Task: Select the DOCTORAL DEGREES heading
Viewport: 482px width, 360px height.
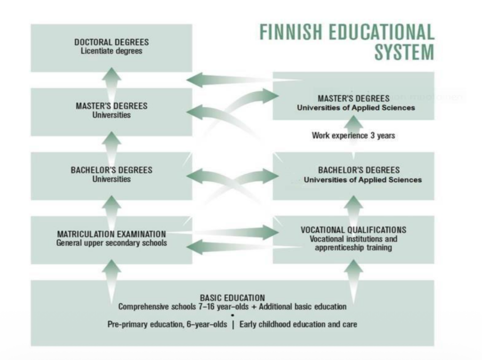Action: click(x=112, y=42)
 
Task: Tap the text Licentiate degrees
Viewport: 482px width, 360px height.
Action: click(x=112, y=51)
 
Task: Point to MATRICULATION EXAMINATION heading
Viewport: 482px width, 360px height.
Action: click(x=112, y=234)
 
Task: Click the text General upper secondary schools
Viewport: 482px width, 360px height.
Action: click(x=112, y=243)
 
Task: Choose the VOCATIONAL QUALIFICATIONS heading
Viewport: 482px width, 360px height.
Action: click(x=353, y=230)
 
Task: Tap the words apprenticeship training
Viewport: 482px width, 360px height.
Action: click(x=353, y=248)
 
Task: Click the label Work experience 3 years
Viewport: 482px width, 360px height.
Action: click(x=353, y=136)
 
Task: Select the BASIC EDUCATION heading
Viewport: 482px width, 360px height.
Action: click(x=233, y=298)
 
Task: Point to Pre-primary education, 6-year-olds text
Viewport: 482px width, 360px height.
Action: click(x=167, y=324)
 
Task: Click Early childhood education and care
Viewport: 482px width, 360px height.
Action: click(x=298, y=324)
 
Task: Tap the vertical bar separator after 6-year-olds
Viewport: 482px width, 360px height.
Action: click(x=233, y=324)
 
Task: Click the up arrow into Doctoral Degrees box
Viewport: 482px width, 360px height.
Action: click(x=112, y=78)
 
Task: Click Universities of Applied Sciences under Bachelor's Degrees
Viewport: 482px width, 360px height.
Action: click(x=362, y=180)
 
